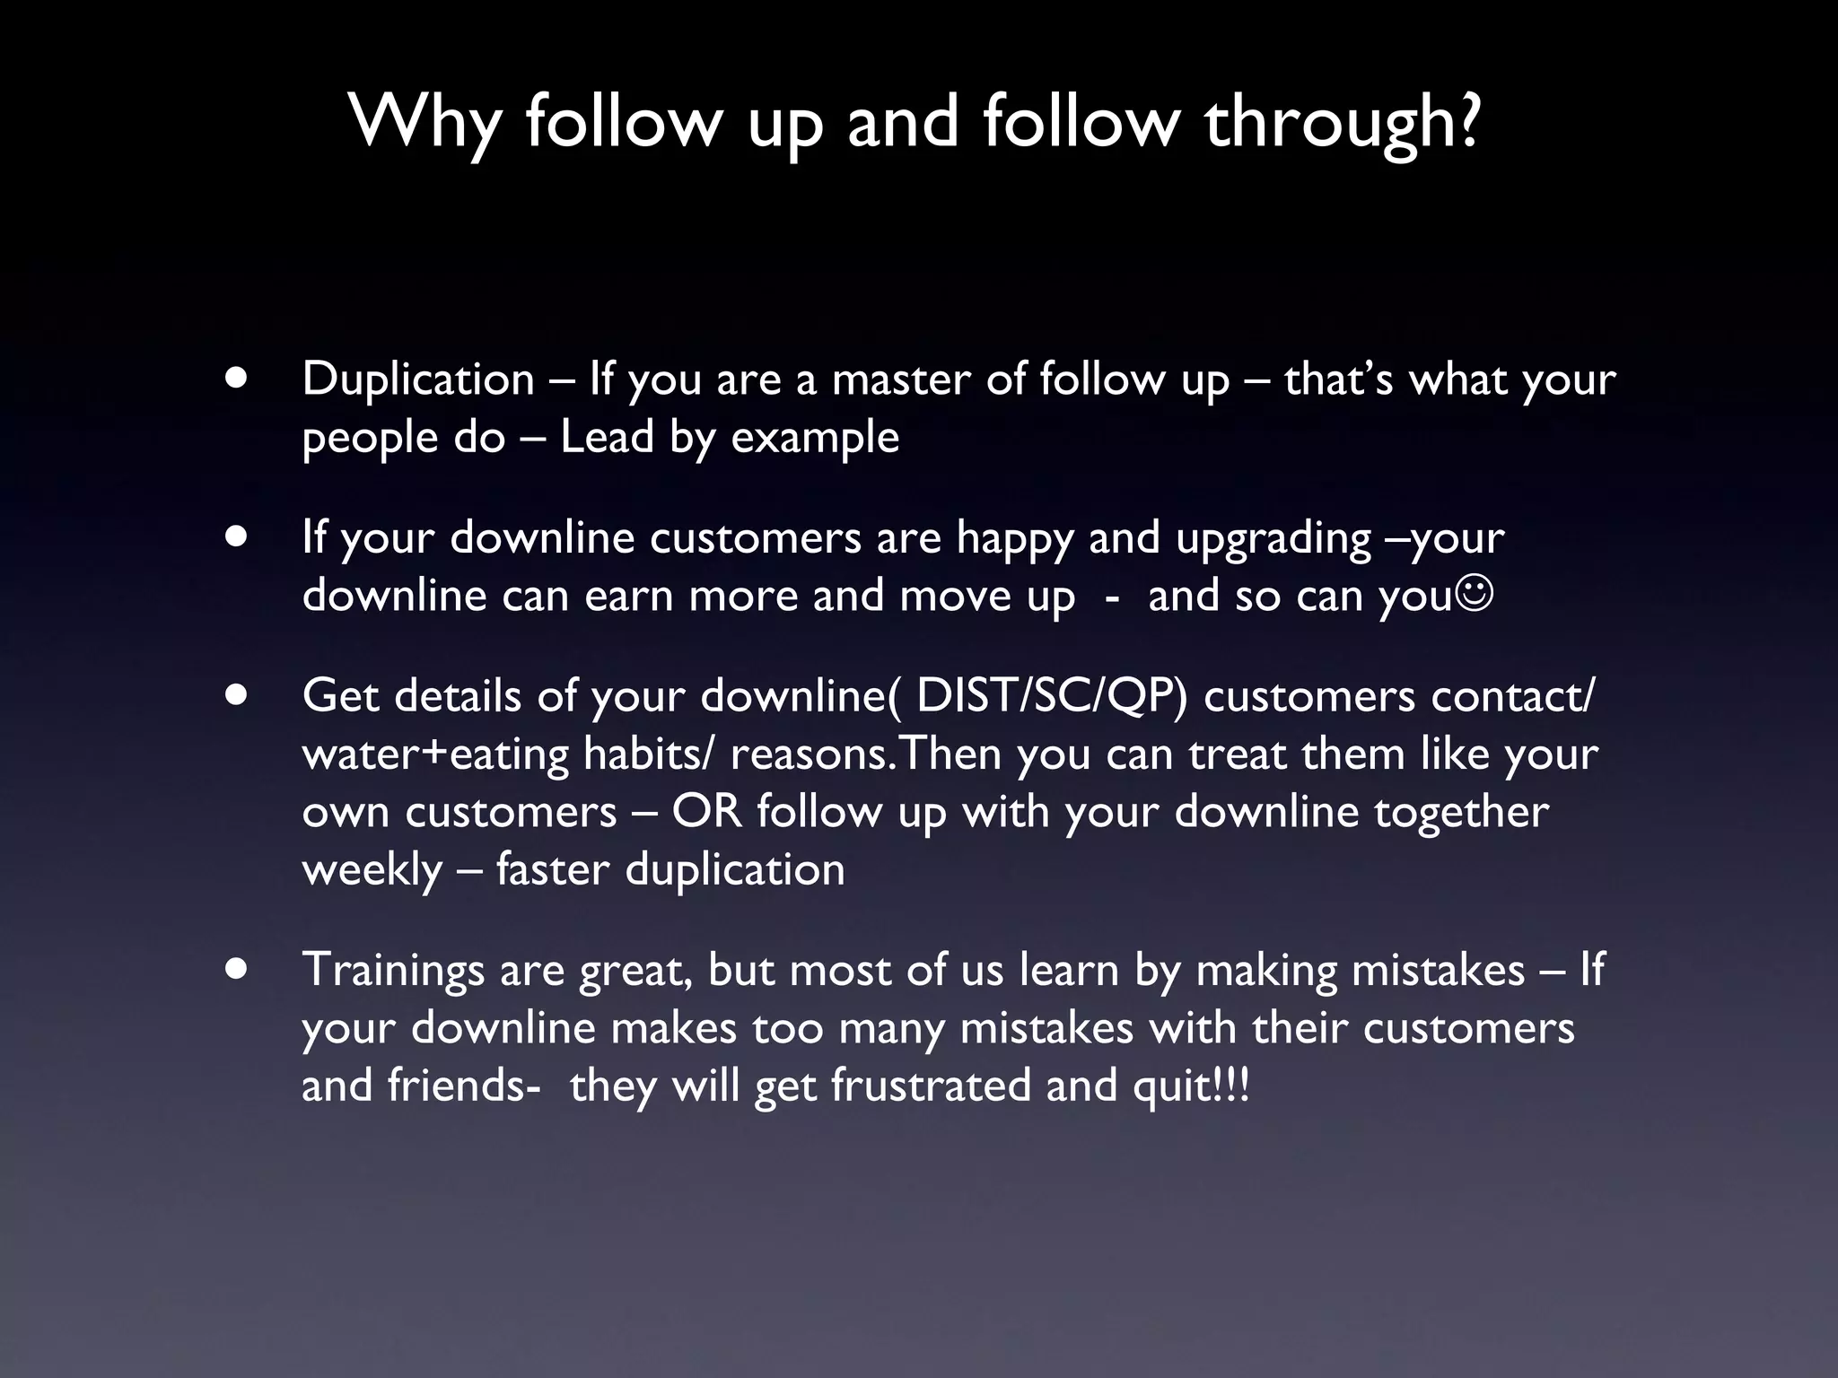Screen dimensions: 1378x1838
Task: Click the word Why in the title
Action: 424,123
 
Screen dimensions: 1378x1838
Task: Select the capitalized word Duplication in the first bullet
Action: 418,379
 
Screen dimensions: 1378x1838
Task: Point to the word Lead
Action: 608,438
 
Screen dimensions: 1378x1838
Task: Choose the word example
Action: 815,438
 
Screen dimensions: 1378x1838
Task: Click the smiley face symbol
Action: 1475,595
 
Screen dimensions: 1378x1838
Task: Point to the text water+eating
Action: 435,754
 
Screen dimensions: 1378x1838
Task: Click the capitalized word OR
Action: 706,812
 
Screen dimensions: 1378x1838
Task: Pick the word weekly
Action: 372,869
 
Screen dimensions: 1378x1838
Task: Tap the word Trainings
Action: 392,970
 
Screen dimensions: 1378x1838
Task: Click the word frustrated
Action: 930,1086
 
